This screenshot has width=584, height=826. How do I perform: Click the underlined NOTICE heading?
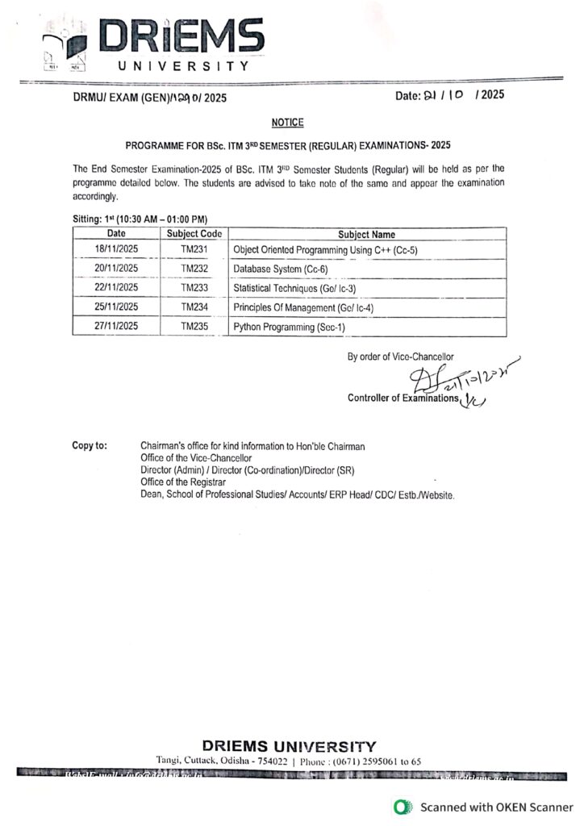click(287, 122)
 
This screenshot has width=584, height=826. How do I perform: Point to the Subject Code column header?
click(194, 233)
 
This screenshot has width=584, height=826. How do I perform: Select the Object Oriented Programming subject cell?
click(325, 251)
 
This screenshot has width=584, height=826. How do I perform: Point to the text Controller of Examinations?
click(403, 398)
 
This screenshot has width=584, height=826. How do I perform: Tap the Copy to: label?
click(89, 446)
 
